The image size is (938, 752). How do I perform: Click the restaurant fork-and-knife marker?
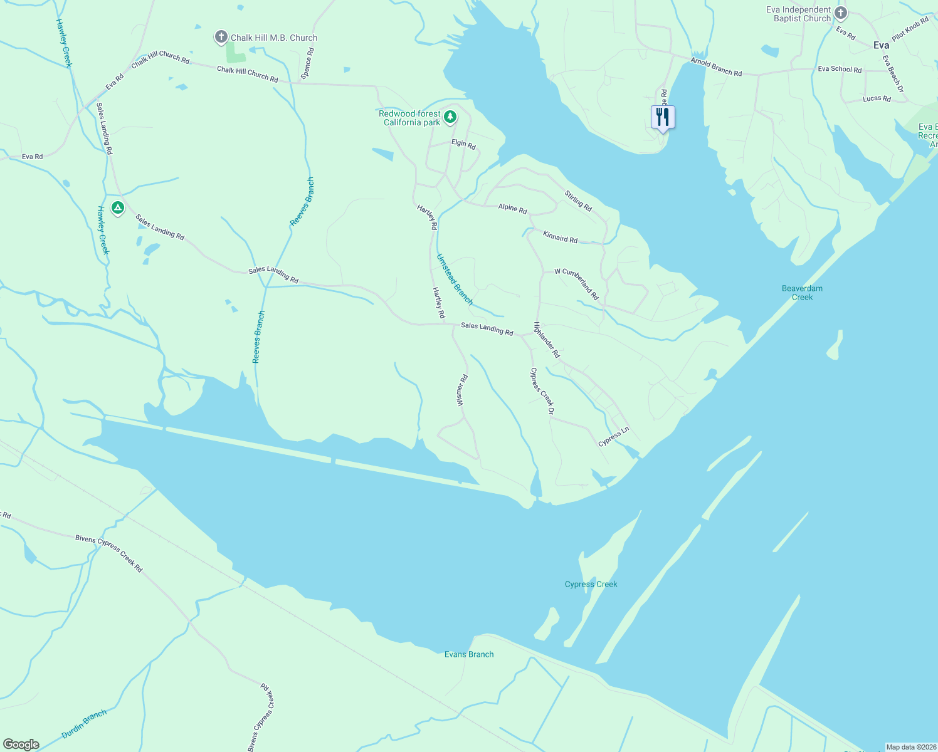click(x=663, y=117)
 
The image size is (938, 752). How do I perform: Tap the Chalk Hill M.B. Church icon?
click(x=221, y=38)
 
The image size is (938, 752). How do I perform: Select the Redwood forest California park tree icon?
click(x=450, y=117)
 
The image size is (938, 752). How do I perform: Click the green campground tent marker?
click(x=117, y=208)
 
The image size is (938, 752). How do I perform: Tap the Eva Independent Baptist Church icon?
click(x=841, y=13)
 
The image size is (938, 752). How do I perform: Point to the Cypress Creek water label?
click(x=591, y=584)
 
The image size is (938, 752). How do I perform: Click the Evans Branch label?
click(x=469, y=654)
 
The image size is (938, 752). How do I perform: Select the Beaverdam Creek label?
click(x=802, y=293)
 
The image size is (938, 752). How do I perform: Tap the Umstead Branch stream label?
click(x=455, y=279)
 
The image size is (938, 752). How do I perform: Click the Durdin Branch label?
click(x=84, y=724)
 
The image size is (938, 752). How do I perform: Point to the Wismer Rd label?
click(x=462, y=390)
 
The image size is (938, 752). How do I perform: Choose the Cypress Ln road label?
click(x=613, y=437)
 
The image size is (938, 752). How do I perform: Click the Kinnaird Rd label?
click(x=560, y=238)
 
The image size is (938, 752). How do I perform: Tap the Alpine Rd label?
click(x=512, y=208)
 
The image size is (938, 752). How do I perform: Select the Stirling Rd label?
click(x=577, y=201)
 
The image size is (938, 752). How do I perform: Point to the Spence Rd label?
click(x=307, y=63)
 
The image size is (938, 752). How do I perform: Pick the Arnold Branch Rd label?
click(x=716, y=68)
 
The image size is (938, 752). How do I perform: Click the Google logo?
click(x=21, y=744)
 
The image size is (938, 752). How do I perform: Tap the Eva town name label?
click(x=881, y=45)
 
